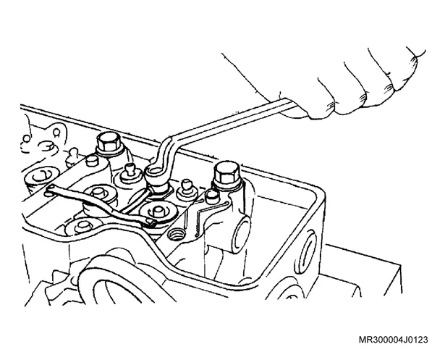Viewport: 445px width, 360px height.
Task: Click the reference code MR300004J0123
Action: tap(394, 340)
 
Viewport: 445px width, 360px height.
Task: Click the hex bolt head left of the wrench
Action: tap(108, 142)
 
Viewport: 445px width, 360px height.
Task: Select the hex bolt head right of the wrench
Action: tap(226, 174)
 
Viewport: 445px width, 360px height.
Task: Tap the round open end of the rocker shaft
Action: tap(241, 230)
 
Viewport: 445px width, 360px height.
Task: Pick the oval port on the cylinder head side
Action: tap(307, 249)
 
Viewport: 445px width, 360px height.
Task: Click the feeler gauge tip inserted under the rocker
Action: tap(151, 222)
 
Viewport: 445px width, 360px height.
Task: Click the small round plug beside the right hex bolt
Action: tap(211, 196)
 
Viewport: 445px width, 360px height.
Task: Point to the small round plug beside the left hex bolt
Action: tap(91, 161)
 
